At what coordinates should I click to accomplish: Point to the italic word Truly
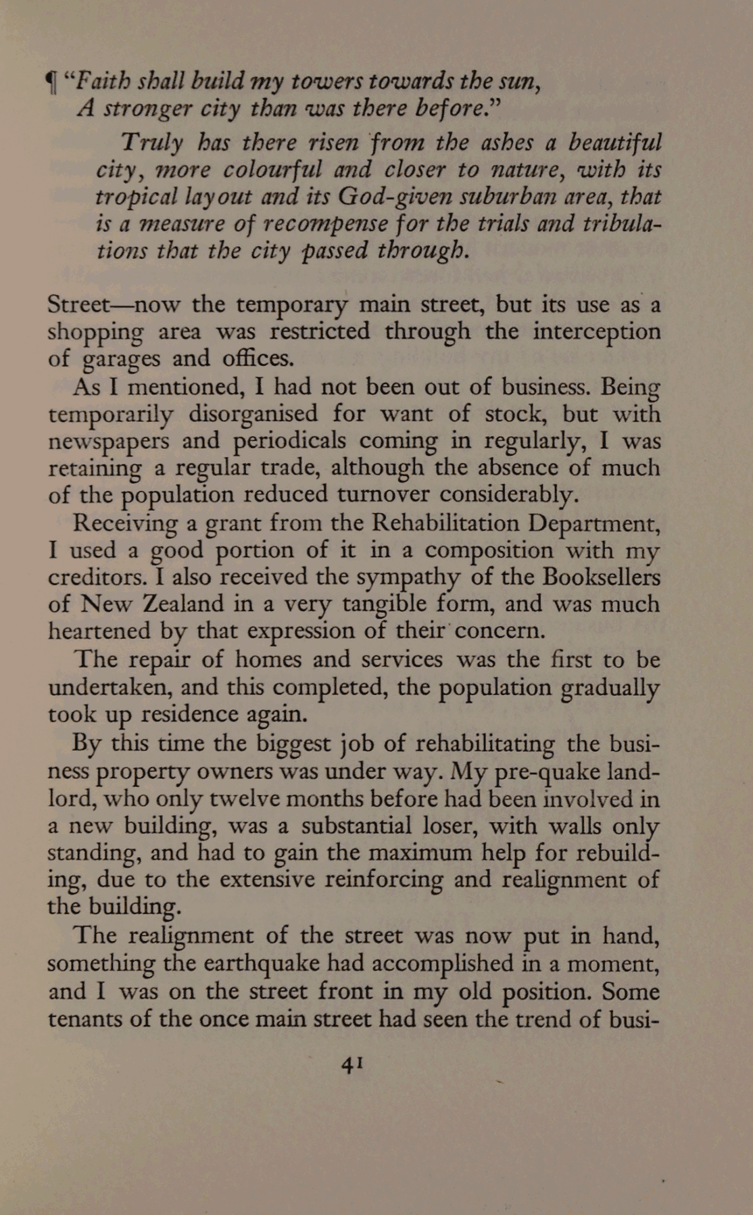pyautogui.click(x=152, y=143)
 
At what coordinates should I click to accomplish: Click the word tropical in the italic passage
pyautogui.click(x=135, y=197)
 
